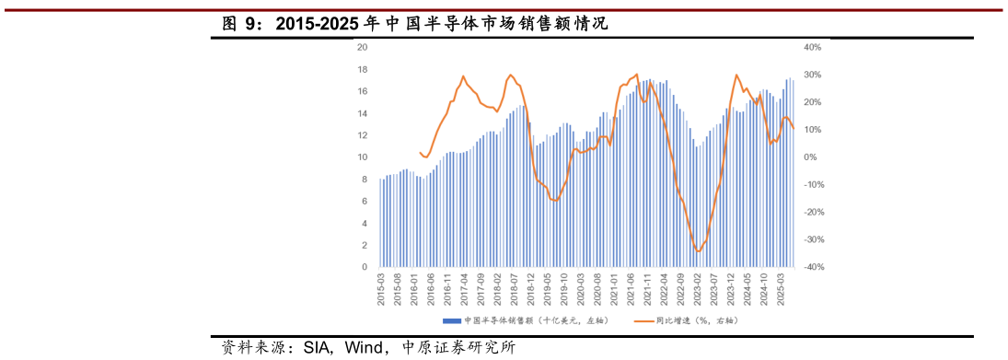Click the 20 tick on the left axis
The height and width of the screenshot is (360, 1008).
pos(363,47)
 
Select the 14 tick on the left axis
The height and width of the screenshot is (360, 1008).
pos(363,113)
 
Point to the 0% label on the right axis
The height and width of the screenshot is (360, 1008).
pos(814,157)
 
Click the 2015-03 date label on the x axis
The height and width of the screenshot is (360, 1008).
pos(381,288)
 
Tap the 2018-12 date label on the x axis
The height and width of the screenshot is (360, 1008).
pos(530,288)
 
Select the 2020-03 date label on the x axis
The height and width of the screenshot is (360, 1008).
pos(581,288)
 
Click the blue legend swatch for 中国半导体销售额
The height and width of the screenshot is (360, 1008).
pos(451,320)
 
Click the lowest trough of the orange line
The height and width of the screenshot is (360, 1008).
pos(698,250)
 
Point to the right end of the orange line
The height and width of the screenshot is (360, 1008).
pos(794,128)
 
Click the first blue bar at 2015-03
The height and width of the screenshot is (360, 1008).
pos(380,223)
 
